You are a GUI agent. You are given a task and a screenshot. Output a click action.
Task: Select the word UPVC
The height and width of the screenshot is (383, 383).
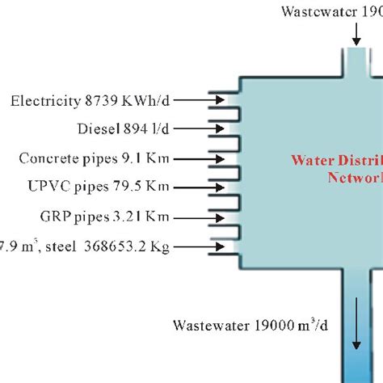click(43, 187)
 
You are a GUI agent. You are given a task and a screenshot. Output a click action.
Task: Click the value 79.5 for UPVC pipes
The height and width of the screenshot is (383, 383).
click(124, 187)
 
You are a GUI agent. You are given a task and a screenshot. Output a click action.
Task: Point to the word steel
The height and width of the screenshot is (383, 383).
click(61, 246)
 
